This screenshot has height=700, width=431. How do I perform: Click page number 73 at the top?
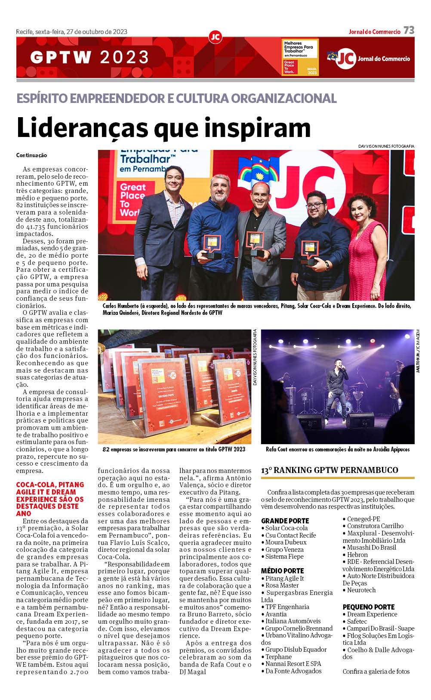coord(409,30)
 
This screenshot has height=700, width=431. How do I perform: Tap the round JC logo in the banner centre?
coord(215,37)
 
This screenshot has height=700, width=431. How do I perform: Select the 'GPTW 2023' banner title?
coord(90,57)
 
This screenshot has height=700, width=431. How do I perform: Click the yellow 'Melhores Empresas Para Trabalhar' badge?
coord(300,58)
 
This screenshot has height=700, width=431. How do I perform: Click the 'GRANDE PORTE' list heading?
coord(285,521)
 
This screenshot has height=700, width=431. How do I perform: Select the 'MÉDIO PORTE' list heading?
coord(282,571)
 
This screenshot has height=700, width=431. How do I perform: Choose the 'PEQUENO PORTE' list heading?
coord(368,607)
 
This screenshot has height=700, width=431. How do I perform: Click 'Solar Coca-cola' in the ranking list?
coord(286,528)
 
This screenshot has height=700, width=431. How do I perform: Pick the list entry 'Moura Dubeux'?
coord(286,542)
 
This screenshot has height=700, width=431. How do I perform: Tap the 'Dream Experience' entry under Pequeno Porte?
coord(372,614)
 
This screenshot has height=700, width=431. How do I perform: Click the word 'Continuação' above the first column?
coord(31,156)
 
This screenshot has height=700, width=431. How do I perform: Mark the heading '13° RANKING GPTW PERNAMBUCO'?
coord(329,470)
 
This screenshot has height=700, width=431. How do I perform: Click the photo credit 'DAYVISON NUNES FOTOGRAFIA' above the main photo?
coord(386,146)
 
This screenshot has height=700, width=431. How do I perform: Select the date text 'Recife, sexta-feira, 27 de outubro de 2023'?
coord(71,32)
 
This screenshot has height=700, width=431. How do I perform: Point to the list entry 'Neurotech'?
coord(361,590)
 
